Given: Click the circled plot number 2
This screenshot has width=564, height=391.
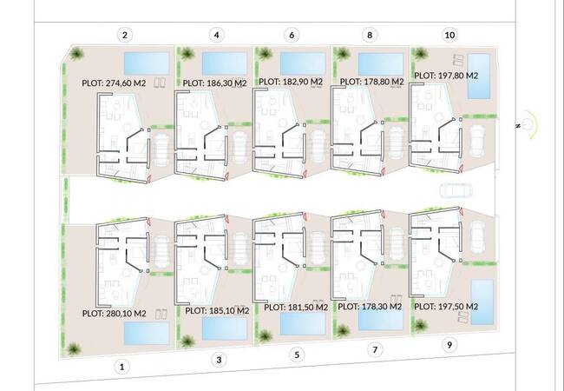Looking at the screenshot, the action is (x=125, y=36).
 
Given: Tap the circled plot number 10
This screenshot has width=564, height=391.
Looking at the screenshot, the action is (x=449, y=35).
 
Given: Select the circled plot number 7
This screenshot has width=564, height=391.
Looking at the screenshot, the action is (x=375, y=349).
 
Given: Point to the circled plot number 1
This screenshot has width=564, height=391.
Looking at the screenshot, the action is (x=122, y=368).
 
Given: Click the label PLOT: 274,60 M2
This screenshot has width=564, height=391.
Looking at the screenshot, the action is (x=114, y=83).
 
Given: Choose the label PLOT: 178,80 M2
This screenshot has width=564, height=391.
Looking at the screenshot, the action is (x=372, y=82).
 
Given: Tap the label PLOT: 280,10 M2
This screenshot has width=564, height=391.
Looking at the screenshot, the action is (x=115, y=313).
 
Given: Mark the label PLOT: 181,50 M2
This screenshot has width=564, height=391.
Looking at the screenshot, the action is (x=296, y=307).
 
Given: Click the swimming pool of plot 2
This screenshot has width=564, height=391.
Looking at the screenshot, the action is (x=147, y=63).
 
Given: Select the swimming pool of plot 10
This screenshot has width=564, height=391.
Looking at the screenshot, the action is (x=479, y=76).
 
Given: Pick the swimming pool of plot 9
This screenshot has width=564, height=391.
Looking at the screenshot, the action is (x=482, y=302).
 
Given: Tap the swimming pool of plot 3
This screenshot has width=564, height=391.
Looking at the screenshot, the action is (x=225, y=328).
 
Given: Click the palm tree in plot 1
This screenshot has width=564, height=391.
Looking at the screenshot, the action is (x=74, y=348).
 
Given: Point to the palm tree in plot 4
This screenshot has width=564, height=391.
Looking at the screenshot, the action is (x=187, y=54).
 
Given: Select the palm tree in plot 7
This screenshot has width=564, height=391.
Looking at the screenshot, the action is (x=343, y=330).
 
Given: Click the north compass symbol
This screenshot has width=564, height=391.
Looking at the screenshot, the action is (x=527, y=124).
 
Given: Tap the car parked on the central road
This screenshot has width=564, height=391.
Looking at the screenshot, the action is (x=456, y=191).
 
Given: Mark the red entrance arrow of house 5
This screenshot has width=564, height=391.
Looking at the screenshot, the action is (x=305, y=216).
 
